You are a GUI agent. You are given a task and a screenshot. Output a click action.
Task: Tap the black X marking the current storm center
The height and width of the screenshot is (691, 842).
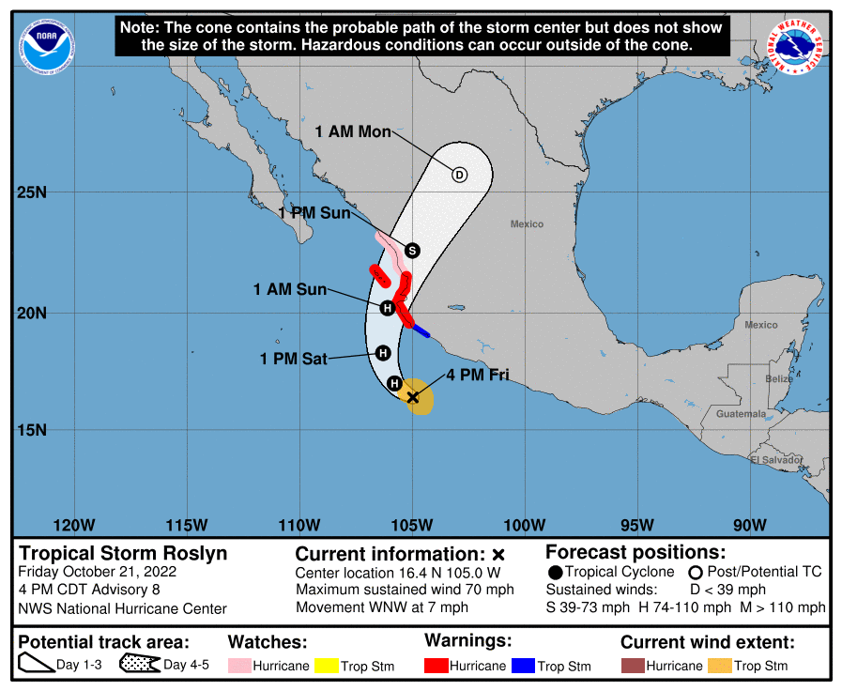(413, 397)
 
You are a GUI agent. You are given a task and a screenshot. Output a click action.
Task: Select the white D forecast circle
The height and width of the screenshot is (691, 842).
(459, 175)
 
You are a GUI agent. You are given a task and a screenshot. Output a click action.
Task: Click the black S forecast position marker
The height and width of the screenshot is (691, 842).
(411, 250)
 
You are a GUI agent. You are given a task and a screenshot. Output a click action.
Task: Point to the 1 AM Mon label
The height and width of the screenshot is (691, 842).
(353, 131)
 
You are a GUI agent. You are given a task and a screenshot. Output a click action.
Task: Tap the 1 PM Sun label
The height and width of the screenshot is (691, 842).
(314, 213)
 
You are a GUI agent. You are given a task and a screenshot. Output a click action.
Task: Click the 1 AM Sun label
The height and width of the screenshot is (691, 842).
(290, 289)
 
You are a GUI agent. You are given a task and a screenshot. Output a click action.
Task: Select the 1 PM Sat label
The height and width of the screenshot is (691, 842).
(293, 358)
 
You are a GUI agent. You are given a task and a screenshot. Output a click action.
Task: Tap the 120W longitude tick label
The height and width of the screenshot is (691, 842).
(75, 524)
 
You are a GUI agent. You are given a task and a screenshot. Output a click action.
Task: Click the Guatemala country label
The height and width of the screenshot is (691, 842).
(741, 413)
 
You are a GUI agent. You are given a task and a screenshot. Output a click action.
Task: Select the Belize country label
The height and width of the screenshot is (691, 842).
(778, 378)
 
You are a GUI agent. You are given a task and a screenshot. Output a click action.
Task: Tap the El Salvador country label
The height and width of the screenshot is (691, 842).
(776, 460)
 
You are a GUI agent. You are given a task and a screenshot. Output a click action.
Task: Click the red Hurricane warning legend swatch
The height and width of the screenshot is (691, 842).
(436, 666)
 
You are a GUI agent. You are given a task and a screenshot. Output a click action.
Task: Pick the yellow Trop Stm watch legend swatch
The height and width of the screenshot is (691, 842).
(326, 666)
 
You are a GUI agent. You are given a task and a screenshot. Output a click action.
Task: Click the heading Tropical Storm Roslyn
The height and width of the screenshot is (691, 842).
(123, 553)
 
